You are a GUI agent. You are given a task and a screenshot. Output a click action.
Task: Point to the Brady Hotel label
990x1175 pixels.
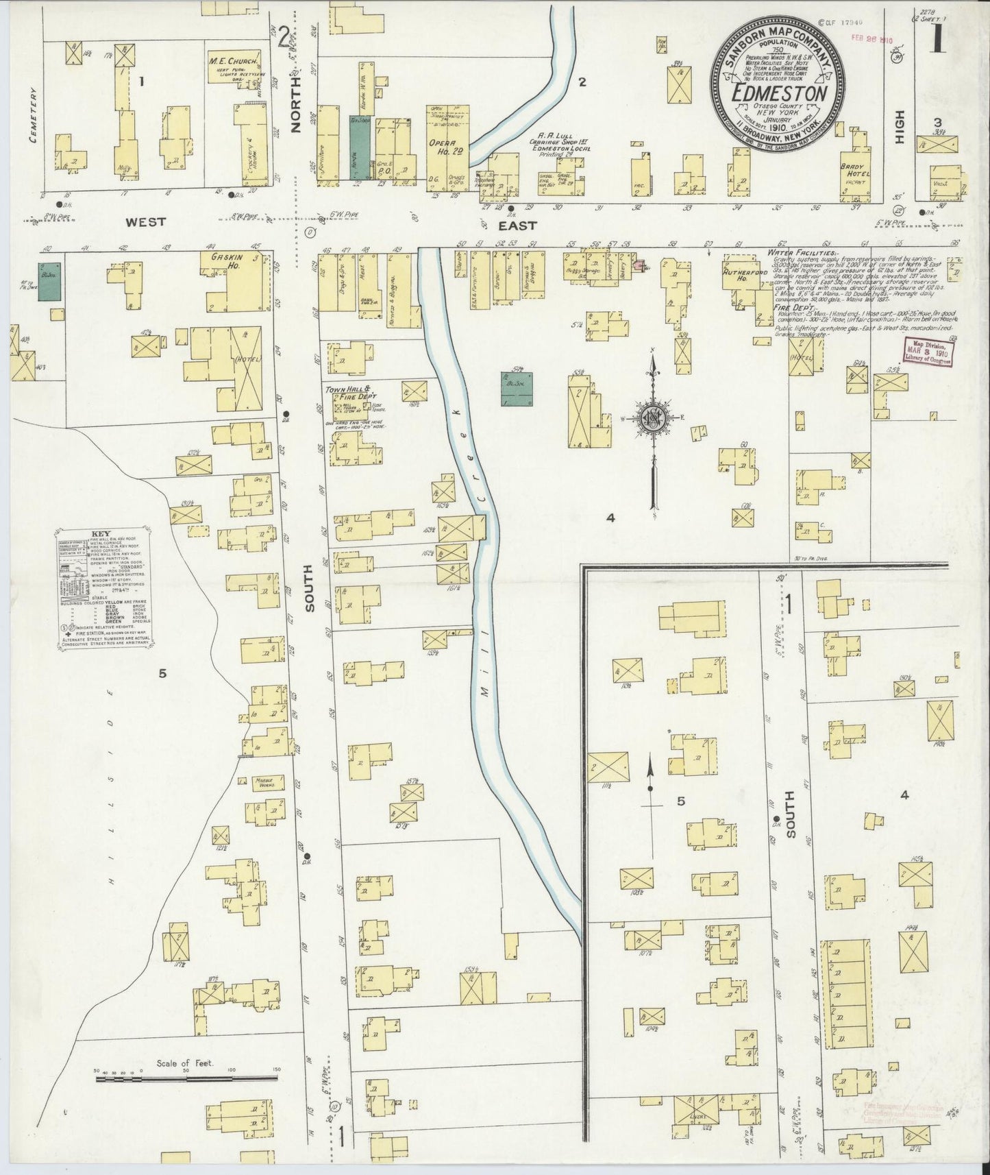coord(856,171)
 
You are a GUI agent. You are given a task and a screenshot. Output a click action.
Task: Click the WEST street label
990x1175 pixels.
coord(145,222)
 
